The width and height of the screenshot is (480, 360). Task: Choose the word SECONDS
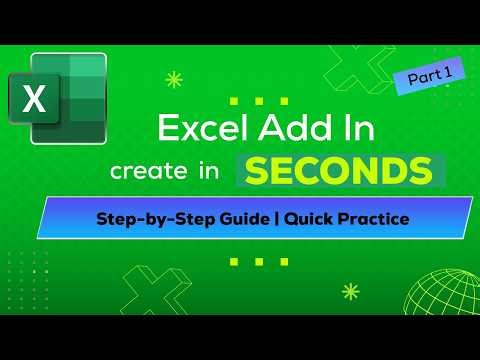point(341,171)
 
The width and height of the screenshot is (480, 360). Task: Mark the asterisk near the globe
point(350,292)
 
